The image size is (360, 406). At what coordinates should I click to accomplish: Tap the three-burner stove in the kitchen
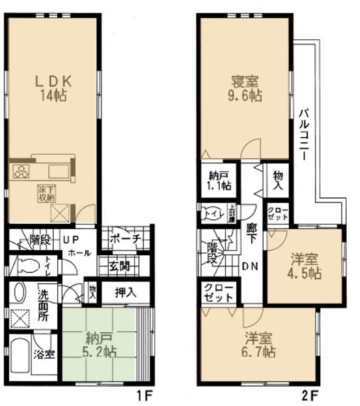[21, 171]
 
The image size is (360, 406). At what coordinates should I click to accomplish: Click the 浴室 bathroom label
[45, 354]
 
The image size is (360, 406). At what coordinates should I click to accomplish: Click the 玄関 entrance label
[120, 266]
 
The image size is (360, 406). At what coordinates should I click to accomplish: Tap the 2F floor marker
[309, 397]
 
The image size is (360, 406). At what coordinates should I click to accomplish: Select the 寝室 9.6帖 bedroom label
[246, 89]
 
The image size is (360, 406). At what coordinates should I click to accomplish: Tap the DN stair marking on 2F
[250, 267]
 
